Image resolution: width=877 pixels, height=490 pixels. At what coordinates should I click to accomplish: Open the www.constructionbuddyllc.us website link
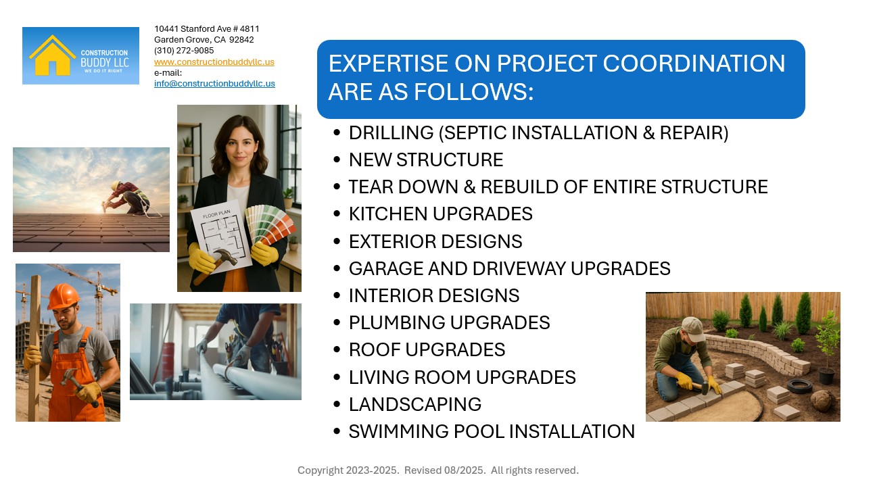214,62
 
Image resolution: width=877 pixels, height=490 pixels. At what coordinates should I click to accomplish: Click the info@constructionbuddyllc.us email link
214,84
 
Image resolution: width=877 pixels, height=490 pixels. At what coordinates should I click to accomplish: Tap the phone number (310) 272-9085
184,51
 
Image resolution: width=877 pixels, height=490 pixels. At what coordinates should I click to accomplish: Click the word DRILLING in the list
391,133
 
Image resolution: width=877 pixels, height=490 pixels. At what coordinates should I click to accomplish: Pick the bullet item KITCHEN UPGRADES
440,214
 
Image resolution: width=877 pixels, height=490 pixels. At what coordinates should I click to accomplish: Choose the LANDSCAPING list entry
414,404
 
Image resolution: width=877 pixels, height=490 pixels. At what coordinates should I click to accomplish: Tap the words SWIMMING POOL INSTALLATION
492,431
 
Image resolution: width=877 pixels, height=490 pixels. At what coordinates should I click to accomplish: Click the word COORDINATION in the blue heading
694,64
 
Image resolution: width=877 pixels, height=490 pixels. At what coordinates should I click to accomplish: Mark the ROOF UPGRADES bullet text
427,350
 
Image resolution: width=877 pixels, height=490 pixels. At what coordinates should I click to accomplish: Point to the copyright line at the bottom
438,470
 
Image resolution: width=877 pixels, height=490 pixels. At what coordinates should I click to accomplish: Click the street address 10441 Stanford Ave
206,29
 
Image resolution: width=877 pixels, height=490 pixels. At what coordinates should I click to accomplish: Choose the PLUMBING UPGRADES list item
449,323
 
